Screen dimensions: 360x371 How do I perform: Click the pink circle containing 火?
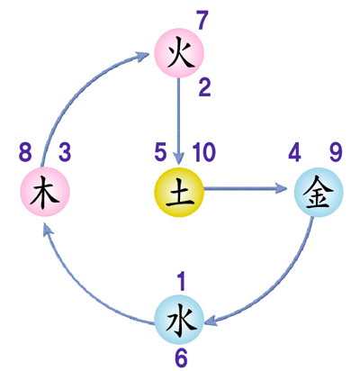[x=179, y=53]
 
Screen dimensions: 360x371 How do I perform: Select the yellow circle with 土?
[x=179, y=192]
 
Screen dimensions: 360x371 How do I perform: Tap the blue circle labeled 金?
[x=319, y=192]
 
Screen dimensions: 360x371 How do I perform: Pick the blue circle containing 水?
[x=179, y=320]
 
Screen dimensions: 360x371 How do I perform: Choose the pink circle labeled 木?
[x=45, y=192]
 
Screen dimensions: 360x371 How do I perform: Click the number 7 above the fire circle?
[x=202, y=21]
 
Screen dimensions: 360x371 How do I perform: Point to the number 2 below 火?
[x=205, y=87]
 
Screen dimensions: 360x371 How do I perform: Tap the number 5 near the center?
[x=160, y=152]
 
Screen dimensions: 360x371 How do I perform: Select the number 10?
[x=203, y=152]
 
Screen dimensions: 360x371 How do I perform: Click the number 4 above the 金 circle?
[x=294, y=152]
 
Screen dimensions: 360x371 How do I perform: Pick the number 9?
[x=336, y=152]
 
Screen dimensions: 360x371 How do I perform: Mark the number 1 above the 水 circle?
[x=181, y=282]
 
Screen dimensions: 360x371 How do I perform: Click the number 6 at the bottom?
[x=181, y=358]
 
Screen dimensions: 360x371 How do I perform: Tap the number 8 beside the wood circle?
[x=25, y=152]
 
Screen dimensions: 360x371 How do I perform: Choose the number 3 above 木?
[x=65, y=152]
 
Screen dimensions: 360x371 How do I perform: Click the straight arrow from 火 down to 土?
[x=179, y=122]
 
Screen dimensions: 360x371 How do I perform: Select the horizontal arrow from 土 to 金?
[x=246, y=188]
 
